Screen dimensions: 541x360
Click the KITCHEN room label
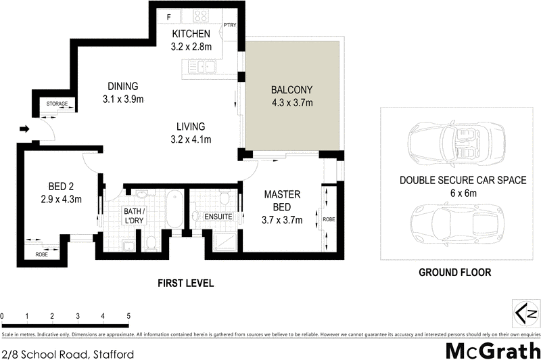coord(191,34)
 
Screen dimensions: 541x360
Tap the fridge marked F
coord(168,16)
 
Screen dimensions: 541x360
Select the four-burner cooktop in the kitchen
coord(200,16)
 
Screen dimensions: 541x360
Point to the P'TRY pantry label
coord(230,25)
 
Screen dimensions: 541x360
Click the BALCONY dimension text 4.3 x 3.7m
coord(292,103)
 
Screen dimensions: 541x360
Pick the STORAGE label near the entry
coord(57,104)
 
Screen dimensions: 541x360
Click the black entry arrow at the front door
coord(24,129)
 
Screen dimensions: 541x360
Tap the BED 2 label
coord(61,187)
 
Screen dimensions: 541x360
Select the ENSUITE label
coord(218,217)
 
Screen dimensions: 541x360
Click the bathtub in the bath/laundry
coord(174,209)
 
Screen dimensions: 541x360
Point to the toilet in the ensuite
coord(225,196)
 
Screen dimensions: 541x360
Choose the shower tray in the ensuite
coord(225,242)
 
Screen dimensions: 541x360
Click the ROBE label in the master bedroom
coord(329,219)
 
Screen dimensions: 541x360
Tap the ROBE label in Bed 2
coord(41,254)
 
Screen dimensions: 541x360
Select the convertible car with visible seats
coord(456,143)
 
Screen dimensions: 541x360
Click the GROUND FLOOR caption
coord(454,272)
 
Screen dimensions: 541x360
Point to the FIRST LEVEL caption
coord(185,284)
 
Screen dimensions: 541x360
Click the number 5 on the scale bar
coord(128,316)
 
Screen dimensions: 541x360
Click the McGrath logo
coord(493,351)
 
